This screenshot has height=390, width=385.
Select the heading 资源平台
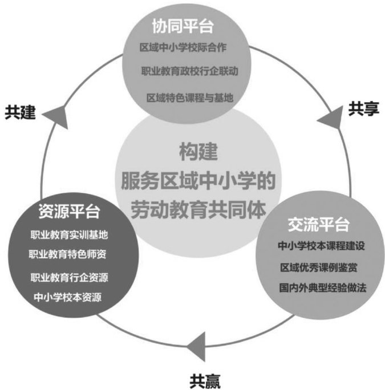(69, 212)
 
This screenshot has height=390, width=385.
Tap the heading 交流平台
(318, 224)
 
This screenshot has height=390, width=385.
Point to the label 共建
(21, 112)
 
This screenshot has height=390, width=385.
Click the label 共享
(363, 109)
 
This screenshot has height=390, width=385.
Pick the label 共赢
(205, 378)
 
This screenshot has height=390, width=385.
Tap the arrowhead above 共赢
(194, 343)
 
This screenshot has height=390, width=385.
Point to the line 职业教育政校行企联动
(189, 72)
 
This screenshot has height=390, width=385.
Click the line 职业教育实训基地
(69, 234)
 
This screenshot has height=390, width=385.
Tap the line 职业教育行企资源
(69, 278)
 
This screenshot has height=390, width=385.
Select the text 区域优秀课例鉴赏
(319, 267)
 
